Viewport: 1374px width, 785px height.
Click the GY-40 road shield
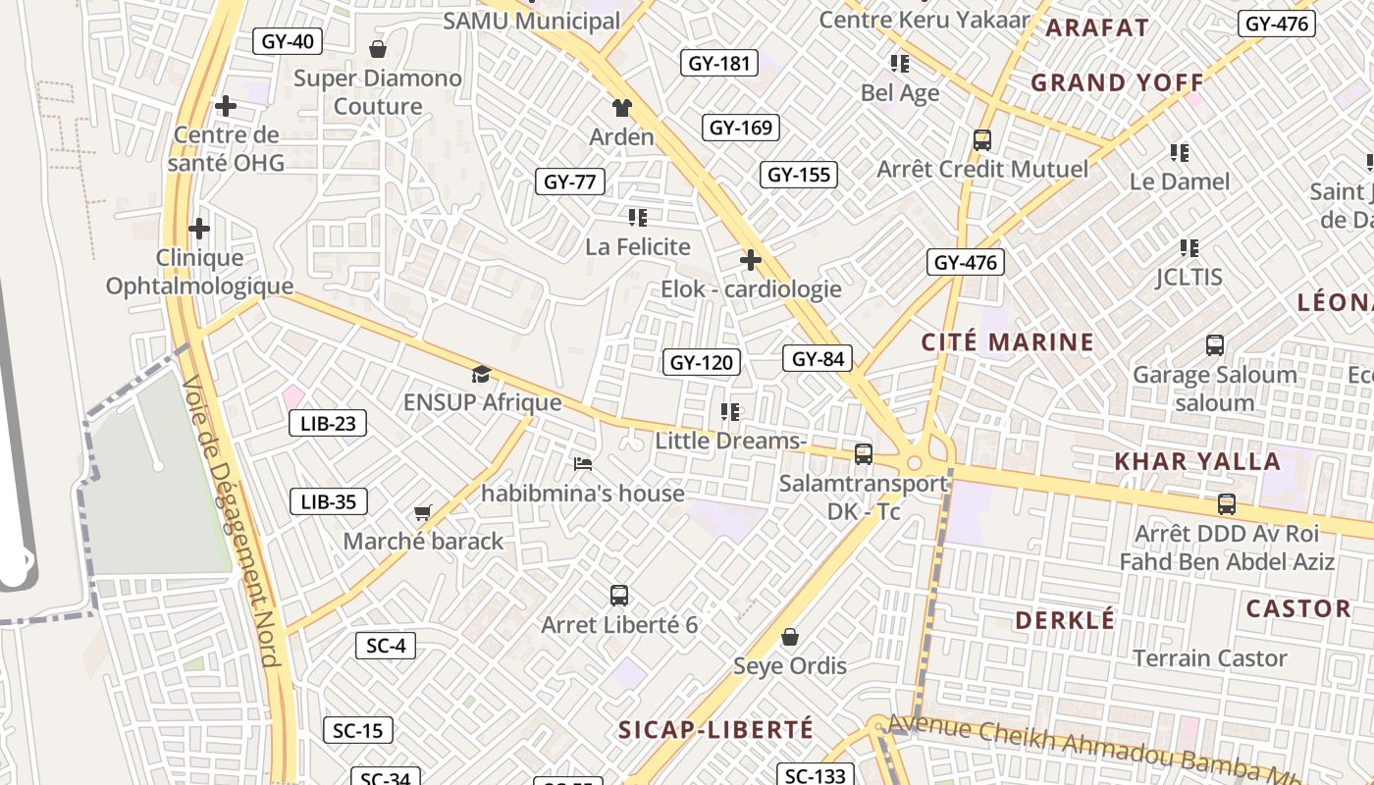pos(288,41)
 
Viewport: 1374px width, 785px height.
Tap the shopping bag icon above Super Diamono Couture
pos(377,49)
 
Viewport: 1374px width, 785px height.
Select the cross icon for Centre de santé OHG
pos(226,106)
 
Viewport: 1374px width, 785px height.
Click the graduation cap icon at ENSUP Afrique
pos(481,374)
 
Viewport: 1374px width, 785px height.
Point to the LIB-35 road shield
pos(329,502)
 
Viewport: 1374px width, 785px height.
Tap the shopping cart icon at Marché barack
pos(423,512)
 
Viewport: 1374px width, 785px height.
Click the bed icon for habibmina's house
pos(583,463)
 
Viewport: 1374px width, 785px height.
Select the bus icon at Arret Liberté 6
pos(619,595)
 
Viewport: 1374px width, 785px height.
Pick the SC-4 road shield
pos(386,646)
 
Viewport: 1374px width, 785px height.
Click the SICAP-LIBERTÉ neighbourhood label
pos(716,730)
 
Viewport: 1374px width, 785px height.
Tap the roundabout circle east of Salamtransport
pos(915,462)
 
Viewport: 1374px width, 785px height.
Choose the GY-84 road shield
pos(818,359)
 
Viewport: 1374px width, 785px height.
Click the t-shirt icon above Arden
pos(621,108)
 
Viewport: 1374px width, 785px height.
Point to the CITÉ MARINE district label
pos(1007,342)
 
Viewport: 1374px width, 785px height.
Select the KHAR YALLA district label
pos(1197,462)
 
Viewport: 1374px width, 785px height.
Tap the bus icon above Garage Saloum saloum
pos(1215,345)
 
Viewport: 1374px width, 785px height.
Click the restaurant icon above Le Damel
pos(1180,153)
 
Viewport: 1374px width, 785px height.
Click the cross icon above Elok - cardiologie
pos(751,260)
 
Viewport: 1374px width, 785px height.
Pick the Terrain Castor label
pos(1210,658)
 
